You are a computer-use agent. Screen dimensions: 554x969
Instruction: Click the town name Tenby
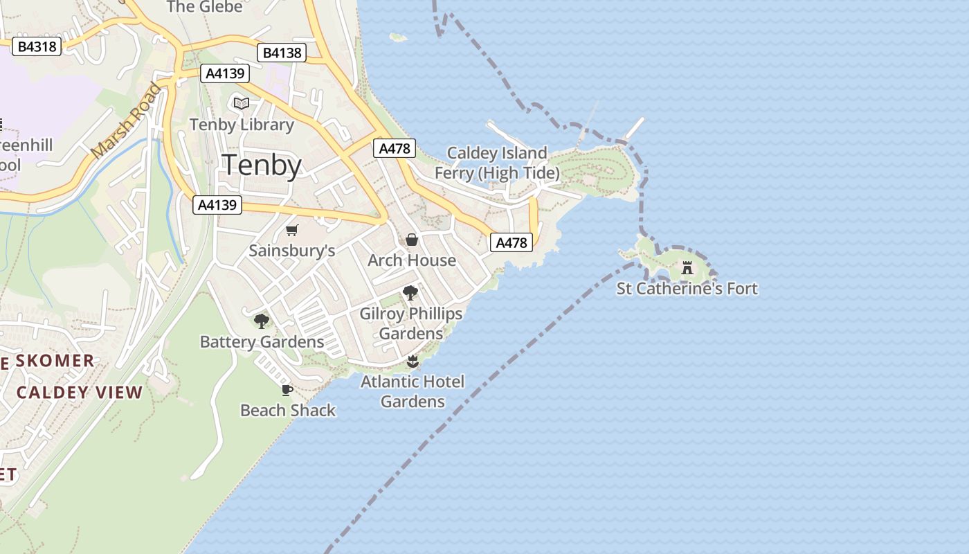point(262,166)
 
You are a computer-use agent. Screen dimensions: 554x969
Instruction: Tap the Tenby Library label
point(242,125)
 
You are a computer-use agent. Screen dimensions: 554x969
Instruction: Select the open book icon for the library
point(242,104)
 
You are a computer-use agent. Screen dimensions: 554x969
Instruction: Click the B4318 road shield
point(37,46)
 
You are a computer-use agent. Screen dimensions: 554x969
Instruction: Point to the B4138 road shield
point(282,53)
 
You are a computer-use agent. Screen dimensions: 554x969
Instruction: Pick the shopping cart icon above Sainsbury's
point(292,230)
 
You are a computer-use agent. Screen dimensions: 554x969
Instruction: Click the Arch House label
point(412,260)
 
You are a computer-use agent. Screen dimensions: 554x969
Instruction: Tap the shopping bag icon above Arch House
point(412,240)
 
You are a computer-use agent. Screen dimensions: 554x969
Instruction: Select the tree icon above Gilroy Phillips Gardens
point(410,293)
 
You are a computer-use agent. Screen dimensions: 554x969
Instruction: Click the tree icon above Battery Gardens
point(262,321)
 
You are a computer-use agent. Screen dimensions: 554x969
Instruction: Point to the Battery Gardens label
point(262,341)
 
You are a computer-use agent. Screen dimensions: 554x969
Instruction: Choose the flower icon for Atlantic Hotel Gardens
point(413,361)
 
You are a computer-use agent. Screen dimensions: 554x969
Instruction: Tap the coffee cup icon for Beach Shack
point(287,390)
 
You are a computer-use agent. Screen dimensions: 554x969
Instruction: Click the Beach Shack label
point(288,410)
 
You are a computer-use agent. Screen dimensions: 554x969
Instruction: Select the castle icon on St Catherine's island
point(687,268)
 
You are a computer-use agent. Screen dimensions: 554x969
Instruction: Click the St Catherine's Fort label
point(687,288)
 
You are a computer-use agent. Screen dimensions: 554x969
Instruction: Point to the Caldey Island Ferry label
point(497,162)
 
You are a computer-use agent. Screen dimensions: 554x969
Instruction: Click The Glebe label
point(205,7)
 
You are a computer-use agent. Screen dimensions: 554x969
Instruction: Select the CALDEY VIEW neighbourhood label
point(80,393)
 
